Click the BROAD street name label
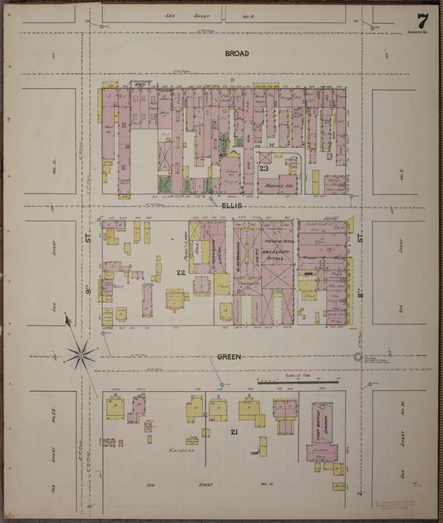click(x=236, y=53)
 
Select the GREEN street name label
click(x=229, y=357)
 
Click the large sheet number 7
click(x=423, y=19)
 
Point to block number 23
click(x=263, y=169)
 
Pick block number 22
click(x=180, y=272)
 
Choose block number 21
click(x=234, y=433)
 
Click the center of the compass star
click(x=81, y=355)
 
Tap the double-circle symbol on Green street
click(x=358, y=357)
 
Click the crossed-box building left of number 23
click(x=265, y=157)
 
